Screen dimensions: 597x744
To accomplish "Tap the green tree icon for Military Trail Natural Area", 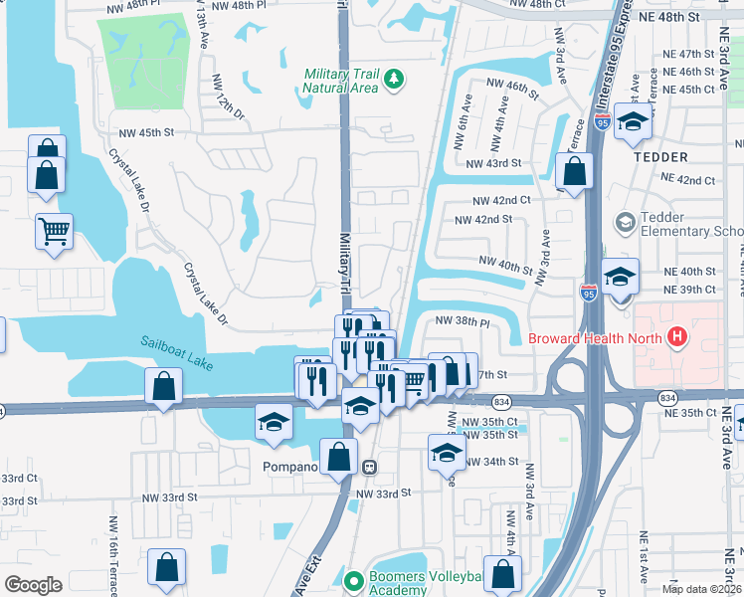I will (x=395, y=77).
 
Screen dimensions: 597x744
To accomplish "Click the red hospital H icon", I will (x=678, y=337).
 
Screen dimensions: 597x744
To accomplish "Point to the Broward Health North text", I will (x=597, y=338).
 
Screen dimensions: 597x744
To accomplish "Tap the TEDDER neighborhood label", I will (x=659, y=157).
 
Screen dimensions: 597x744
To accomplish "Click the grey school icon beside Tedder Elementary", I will (x=625, y=222).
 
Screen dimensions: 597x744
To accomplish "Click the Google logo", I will (x=33, y=585).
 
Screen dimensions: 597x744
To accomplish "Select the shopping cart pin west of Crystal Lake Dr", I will (x=54, y=231).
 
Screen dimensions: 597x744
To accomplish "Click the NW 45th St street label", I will (x=146, y=132).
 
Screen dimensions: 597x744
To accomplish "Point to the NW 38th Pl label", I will (x=464, y=321).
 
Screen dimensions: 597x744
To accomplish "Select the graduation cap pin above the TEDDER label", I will (x=632, y=120).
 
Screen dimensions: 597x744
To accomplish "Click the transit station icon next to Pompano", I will (x=369, y=466).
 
